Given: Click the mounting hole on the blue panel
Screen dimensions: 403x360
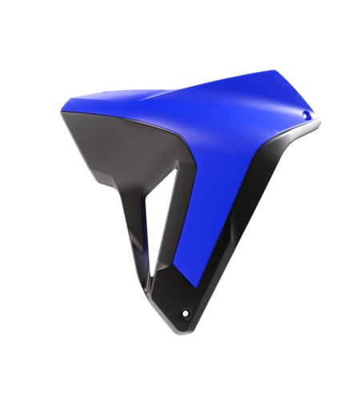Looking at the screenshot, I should pos(305,116).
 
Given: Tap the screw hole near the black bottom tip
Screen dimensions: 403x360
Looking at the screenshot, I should pos(186,312).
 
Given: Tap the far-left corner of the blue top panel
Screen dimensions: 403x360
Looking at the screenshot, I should pos(61,113).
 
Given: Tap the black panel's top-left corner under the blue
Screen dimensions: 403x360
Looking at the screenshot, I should pos(66,120).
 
